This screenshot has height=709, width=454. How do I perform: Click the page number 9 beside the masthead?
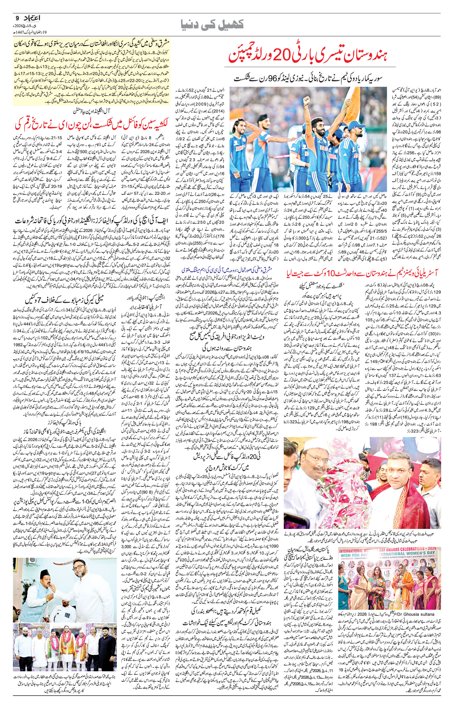click(x=17, y=18)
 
